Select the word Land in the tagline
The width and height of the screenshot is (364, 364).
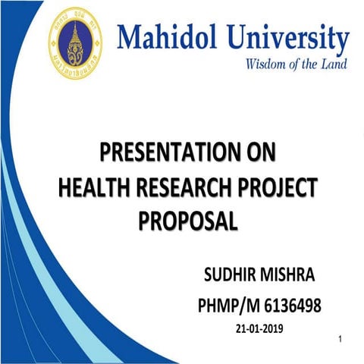coord(334,64)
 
